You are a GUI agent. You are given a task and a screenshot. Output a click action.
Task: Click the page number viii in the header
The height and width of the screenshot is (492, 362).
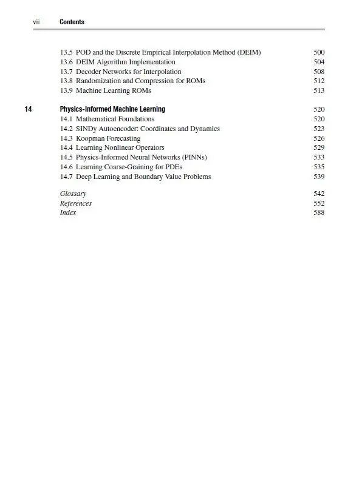click(36, 22)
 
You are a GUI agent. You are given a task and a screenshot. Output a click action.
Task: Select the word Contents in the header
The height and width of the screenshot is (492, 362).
click(72, 22)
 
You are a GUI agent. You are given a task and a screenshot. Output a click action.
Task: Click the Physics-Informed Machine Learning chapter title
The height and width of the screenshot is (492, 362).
click(112, 109)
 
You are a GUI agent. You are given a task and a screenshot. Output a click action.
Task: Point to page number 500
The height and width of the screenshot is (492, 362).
click(319, 52)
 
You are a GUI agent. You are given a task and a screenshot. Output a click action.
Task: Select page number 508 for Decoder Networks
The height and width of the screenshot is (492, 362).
click(319, 72)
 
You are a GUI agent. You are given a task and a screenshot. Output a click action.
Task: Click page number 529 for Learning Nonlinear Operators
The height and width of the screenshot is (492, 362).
click(319, 148)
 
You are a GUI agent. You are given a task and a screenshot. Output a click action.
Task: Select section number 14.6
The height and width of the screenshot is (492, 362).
click(66, 167)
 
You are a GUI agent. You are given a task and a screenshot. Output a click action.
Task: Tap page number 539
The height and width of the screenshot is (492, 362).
click(319, 177)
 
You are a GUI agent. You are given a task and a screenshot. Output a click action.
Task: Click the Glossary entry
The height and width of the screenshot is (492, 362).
click(73, 194)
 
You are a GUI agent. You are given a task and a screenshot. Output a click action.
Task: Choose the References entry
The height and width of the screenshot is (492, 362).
click(76, 204)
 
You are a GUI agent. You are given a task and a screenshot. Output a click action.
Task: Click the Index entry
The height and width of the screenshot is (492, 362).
click(68, 214)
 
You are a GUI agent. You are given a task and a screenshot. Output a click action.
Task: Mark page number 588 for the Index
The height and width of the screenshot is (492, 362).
click(319, 214)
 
